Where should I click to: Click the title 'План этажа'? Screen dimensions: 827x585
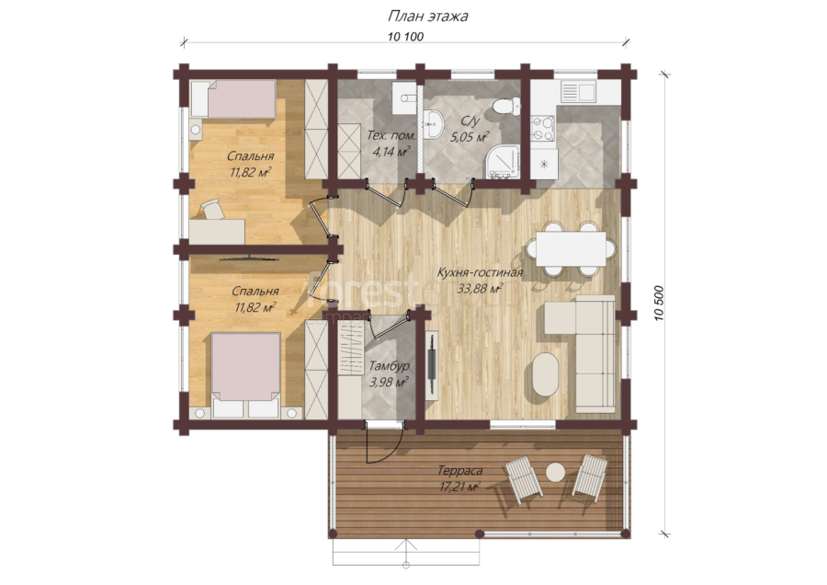[427, 17]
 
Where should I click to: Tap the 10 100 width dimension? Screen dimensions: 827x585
[405, 37]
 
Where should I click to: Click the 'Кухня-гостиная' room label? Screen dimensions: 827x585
[480, 272]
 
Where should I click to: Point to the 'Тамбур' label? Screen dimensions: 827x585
[390, 366]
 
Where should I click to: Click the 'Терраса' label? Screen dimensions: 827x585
[460, 470]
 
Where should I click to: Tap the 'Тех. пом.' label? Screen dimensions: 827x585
[391, 136]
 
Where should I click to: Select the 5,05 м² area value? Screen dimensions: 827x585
[469, 138]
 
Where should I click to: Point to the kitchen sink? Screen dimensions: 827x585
[578, 91]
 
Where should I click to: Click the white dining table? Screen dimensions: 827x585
[571, 248]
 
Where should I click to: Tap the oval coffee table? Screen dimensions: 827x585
[545, 374]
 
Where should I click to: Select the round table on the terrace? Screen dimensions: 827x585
[555, 472]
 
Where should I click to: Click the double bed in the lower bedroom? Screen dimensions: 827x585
[245, 374]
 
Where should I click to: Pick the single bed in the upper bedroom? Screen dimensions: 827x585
[233, 98]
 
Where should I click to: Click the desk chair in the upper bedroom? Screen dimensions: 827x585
[212, 209]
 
